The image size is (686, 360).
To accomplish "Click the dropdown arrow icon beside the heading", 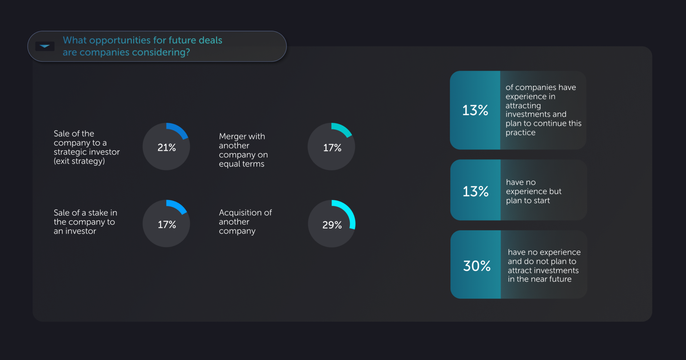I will pyautogui.click(x=45, y=46).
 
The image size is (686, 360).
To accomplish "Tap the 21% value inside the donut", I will pyautogui.click(x=166, y=147).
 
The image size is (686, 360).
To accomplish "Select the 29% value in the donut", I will pyautogui.click(x=332, y=225).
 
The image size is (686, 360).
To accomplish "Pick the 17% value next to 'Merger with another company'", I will pyautogui.click(x=332, y=148).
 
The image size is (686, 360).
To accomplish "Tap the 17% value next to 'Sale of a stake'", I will pyautogui.click(x=167, y=225).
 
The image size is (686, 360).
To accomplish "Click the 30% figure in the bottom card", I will pyautogui.click(x=477, y=266).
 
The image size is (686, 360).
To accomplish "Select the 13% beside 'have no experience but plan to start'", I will pyautogui.click(x=476, y=191).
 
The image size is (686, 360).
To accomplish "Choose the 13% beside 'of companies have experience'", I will pyautogui.click(x=475, y=110).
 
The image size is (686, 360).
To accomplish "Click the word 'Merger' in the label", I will pyautogui.click(x=233, y=136).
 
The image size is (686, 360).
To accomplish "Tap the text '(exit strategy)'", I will pyautogui.click(x=79, y=161).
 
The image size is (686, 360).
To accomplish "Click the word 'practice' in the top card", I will pyautogui.click(x=520, y=132).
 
